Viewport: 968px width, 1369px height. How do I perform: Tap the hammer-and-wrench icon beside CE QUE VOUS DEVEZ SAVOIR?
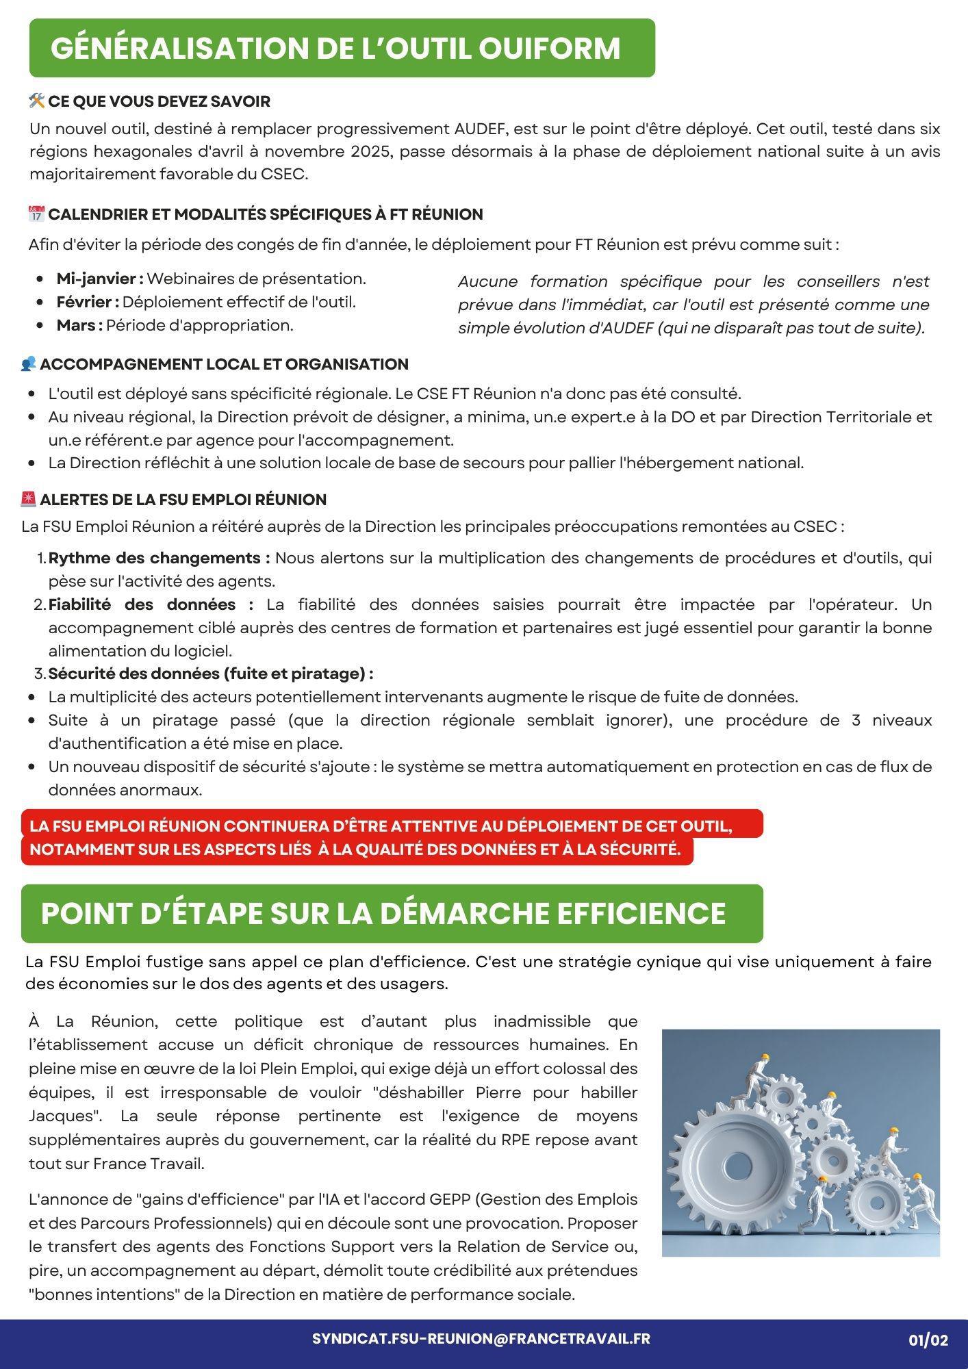click(x=37, y=101)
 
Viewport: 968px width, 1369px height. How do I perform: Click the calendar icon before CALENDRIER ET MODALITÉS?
click(x=37, y=214)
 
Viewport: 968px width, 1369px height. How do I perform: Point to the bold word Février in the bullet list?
click(x=86, y=303)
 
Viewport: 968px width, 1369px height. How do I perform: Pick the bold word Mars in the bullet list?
click(x=77, y=326)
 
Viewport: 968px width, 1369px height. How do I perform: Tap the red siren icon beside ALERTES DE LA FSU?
click(x=29, y=500)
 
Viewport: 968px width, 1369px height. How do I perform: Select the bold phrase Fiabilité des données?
click(x=150, y=605)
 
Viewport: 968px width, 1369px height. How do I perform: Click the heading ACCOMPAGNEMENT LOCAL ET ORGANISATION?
click(x=224, y=364)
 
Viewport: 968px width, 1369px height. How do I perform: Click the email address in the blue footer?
click(x=481, y=1339)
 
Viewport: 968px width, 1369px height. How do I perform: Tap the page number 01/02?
click(x=928, y=1340)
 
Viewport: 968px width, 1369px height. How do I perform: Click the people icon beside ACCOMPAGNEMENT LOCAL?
click(x=29, y=364)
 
